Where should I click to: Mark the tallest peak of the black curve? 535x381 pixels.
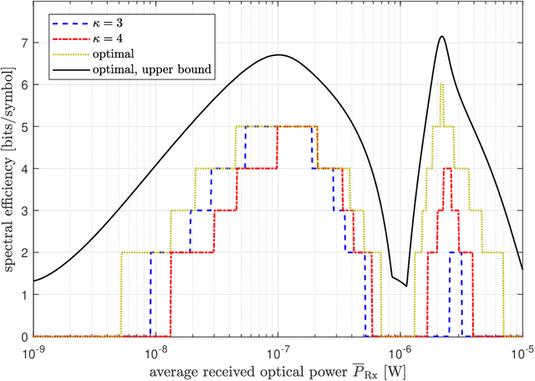441,36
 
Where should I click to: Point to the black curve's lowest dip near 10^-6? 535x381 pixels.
406,286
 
